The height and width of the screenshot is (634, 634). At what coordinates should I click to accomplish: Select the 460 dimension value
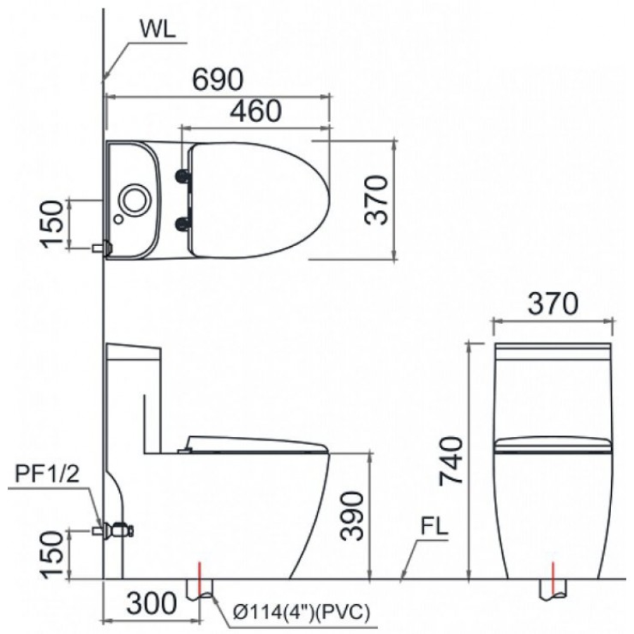(255, 111)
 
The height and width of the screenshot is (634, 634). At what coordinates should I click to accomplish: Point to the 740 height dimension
(451, 460)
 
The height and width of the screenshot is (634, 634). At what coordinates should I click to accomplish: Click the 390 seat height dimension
(352, 515)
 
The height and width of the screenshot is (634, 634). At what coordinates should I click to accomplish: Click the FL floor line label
(434, 527)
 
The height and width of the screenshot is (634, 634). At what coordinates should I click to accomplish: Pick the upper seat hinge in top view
(184, 176)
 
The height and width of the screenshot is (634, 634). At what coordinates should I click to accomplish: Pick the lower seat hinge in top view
(184, 222)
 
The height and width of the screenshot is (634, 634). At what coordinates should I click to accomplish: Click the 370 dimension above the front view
(553, 305)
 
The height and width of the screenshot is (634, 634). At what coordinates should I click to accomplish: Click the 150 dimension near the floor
(53, 554)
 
